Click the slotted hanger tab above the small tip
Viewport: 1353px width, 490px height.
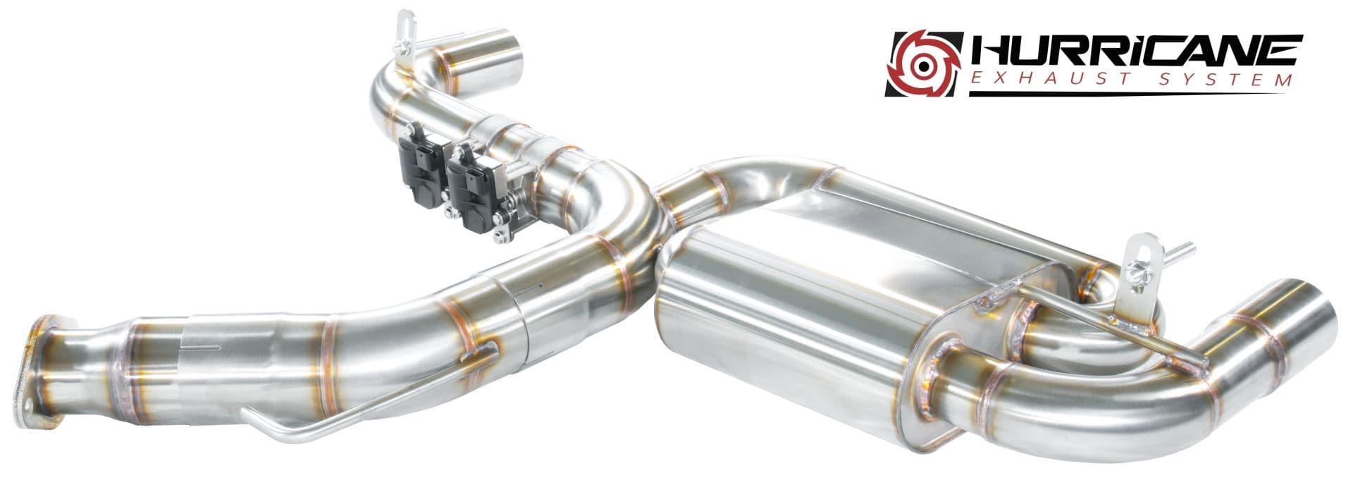[404, 28]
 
